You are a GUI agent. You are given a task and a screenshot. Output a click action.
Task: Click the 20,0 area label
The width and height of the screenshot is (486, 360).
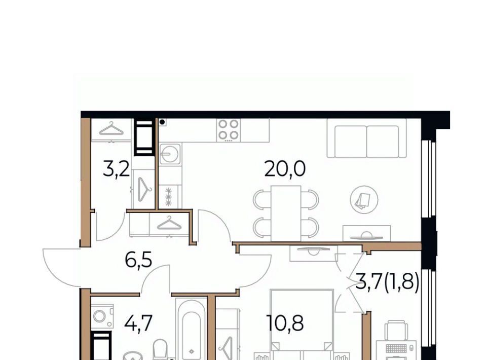pos(285,169)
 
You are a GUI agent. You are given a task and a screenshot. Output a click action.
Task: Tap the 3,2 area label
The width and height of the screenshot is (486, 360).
pos(116,170)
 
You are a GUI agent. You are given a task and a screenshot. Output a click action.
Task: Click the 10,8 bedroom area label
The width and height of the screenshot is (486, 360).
pos(285,323)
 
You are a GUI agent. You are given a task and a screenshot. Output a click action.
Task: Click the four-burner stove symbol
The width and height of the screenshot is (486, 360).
pos(229,130)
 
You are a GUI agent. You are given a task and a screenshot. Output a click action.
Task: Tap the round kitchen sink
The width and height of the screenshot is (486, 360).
pos(170,154)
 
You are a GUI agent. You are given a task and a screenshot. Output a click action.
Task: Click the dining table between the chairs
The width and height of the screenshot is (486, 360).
pos(286,213)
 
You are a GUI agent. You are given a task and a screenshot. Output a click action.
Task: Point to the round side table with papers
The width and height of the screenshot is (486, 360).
pos(364,199)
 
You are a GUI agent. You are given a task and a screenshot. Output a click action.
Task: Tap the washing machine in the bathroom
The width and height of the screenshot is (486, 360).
pos(102,316)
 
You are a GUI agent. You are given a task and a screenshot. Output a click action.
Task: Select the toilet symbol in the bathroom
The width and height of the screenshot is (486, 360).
pos(160,349)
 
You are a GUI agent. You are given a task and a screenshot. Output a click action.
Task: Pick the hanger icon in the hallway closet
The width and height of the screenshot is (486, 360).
pos(169,223)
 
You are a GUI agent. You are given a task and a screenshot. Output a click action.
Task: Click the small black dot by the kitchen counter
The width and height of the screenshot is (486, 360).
pos(162,122)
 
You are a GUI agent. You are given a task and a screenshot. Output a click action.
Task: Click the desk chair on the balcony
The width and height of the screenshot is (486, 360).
pos(396,331)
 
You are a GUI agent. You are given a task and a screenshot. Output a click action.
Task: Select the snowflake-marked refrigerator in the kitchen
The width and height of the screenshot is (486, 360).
pos(169,197)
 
